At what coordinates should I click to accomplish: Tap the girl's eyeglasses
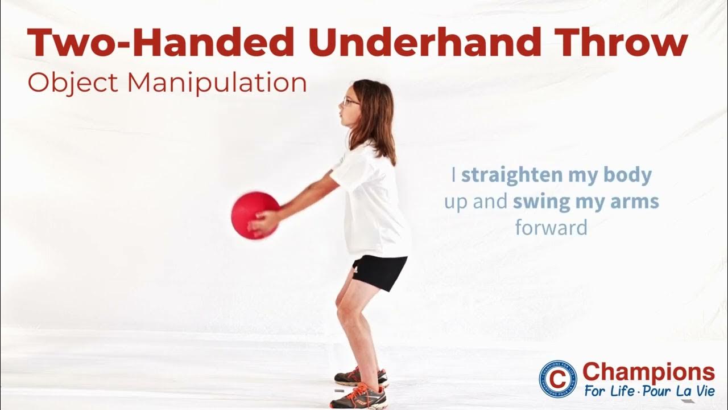[350, 102]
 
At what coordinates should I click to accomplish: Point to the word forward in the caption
[551, 228]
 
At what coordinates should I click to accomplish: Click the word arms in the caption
[636, 202]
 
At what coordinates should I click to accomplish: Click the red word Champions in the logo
[648, 372]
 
